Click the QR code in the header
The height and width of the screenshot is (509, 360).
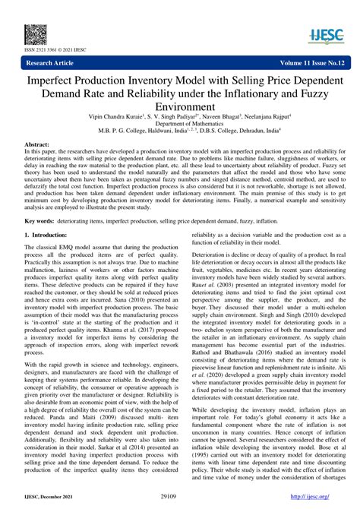tap(34, 33)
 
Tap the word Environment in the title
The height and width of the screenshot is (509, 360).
tap(180, 107)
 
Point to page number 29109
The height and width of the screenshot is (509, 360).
tap(179, 495)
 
